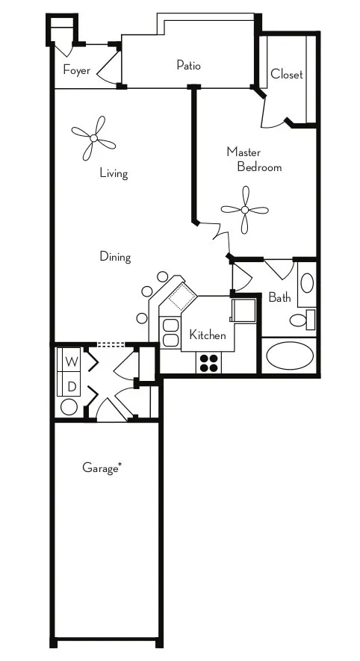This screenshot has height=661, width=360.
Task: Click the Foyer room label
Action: [x=76, y=71]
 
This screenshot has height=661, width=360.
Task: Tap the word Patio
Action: [x=188, y=65]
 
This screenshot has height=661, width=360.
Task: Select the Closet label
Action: [x=287, y=74]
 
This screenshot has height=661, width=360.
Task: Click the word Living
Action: [x=114, y=173]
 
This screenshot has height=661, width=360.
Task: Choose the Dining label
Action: [x=115, y=257]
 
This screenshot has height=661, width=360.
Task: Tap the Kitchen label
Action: [x=207, y=335]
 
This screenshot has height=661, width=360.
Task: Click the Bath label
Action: [x=280, y=298]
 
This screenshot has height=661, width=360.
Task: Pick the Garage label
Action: [x=102, y=468]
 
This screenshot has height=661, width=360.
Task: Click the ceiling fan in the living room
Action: [x=94, y=137]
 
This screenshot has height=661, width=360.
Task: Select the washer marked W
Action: [x=71, y=361]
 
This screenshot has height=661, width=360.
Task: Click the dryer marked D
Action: [x=71, y=386]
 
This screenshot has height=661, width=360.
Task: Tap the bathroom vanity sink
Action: [x=306, y=284]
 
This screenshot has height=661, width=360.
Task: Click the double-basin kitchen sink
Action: [x=170, y=333]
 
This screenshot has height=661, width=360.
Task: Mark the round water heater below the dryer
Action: [x=69, y=407]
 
